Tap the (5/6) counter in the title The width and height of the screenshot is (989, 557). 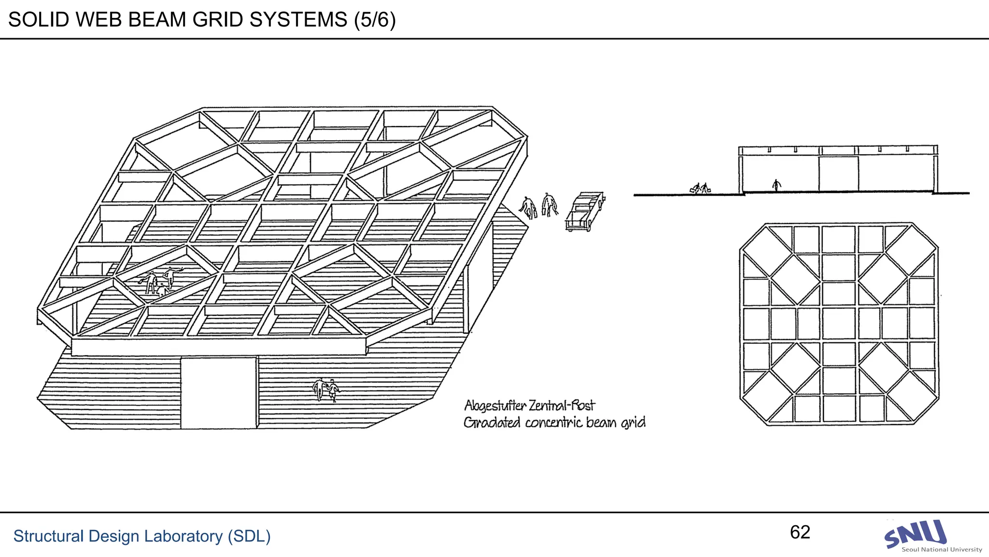tap(375, 20)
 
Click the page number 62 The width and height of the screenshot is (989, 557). tap(800, 532)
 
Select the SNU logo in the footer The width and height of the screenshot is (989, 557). tap(915, 533)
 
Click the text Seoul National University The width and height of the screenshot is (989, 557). tap(942, 550)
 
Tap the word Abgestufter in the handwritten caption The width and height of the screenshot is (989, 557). tap(494, 406)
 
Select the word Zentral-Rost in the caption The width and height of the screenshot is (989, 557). tap(562, 405)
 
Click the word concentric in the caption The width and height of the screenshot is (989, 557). tap(553, 423)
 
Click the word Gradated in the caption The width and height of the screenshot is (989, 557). tap(492, 423)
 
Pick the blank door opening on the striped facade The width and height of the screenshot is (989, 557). tap(219, 393)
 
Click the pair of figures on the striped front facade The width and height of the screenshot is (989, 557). tap(326, 390)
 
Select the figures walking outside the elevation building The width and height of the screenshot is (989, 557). tap(700, 188)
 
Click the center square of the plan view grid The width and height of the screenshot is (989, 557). tap(838, 323)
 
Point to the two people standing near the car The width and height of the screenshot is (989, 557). tap(539, 206)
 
